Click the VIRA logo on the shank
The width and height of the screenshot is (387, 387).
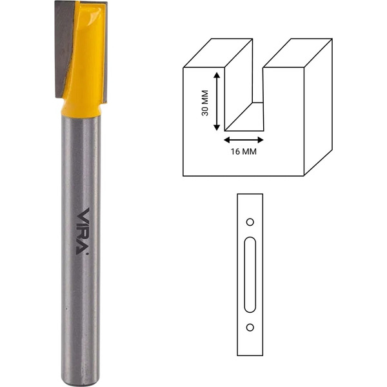(82, 232)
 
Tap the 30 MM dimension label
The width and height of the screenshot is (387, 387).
(205, 103)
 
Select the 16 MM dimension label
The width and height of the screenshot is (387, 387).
(244, 152)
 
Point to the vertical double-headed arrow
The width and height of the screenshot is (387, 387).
(217, 101)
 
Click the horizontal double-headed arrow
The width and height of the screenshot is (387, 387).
(244, 140)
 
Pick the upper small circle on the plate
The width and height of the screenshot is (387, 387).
(250, 222)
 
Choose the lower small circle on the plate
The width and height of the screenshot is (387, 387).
(250, 328)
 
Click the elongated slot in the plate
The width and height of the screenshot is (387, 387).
(250, 275)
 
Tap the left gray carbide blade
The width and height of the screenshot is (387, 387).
(63, 50)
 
